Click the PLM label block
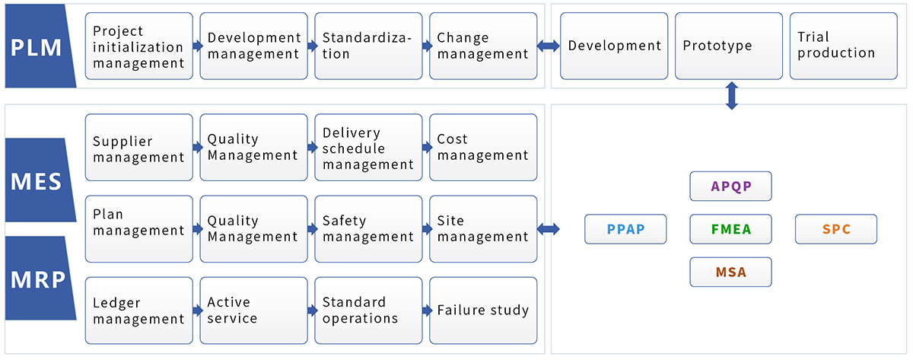(39, 46)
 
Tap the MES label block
(39, 180)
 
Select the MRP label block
(39, 279)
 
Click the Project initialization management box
(139, 46)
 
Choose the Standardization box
(368, 46)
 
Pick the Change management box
(483, 46)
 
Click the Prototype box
(729, 46)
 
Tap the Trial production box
(843, 46)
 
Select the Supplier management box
(139, 148)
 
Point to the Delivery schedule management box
(368, 148)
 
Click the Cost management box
(483, 148)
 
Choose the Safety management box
(368, 229)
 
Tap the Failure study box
(483, 311)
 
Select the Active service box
(253, 311)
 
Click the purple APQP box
(731, 186)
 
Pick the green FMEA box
(731, 229)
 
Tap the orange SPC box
(836, 229)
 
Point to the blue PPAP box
(625, 229)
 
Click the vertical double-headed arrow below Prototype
(732, 96)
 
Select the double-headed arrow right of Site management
(549, 229)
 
